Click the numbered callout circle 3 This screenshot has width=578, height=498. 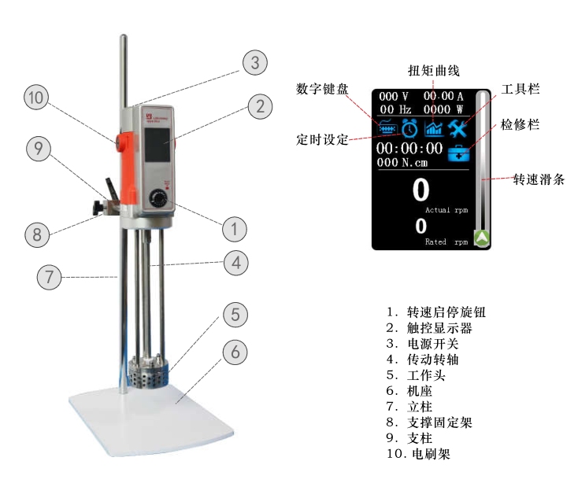point(254,63)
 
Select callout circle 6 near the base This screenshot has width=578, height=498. point(233,352)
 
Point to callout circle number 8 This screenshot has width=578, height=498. point(35,234)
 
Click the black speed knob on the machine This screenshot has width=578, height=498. point(160,197)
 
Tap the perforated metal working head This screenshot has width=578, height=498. point(147,371)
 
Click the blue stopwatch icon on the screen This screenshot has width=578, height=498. point(409,127)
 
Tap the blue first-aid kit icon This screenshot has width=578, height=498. point(458,153)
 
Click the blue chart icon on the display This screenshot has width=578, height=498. point(433,127)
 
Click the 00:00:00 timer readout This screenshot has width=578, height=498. point(409,149)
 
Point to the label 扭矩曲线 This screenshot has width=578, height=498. point(433,72)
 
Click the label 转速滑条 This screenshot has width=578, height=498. point(539,179)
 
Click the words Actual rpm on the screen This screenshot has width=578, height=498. point(446,211)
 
